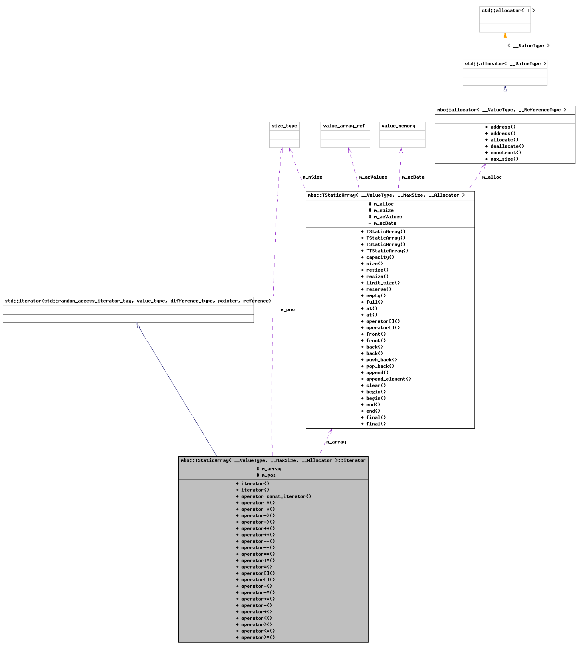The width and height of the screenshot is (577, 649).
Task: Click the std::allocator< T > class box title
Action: point(505,10)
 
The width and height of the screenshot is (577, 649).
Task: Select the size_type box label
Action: point(284,126)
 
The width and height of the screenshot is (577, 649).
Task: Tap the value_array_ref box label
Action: point(344,126)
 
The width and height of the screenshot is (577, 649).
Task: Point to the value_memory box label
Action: point(398,126)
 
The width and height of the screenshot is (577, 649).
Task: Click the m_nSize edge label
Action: point(313,177)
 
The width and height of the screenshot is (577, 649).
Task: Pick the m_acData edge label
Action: point(413,177)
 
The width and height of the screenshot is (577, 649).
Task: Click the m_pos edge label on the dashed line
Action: point(288,310)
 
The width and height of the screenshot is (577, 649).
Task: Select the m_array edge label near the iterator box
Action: point(336,442)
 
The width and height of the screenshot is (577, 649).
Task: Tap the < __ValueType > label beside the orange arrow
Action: point(529,46)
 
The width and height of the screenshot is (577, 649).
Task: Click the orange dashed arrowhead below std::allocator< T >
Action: point(505,36)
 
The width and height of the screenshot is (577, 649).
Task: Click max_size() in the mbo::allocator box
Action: point(504,159)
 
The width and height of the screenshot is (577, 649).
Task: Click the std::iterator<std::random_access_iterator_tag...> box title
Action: point(128,301)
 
